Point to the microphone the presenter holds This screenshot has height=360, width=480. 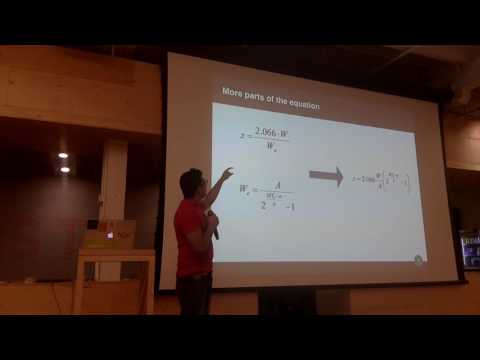coord(213,225)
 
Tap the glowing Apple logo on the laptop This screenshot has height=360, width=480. coord(110,235)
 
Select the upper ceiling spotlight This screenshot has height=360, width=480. coord(64,155)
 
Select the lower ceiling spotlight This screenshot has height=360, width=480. coord(63,169)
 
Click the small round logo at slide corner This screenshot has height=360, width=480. coord(418,260)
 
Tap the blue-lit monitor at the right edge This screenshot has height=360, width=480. coord(469,250)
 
